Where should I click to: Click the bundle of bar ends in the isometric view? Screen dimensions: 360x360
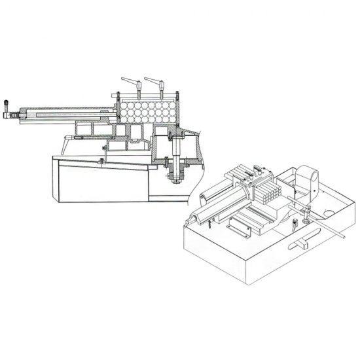click(x=268, y=193)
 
